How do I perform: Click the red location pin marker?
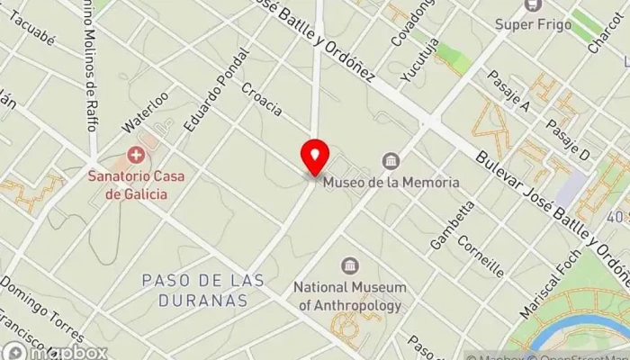pyautogui.click(x=315, y=157)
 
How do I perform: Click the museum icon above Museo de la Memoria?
pyautogui.click(x=391, y=161)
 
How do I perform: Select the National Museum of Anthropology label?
pyautogui.click(x=350, y=296)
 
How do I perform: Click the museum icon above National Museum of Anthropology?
pyautogui.click(x=350, y=266)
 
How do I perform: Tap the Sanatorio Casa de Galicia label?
pyautogui.click(x=134, y=184)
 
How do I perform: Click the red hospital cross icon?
pyautogui.click(x=135, y=155)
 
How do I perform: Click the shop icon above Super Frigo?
pyautogui.click(x=533, y=5)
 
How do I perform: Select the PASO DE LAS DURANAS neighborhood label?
pyautogui.click(x=194, y=290)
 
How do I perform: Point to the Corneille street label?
pyautogui.click(x=480, y=255)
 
